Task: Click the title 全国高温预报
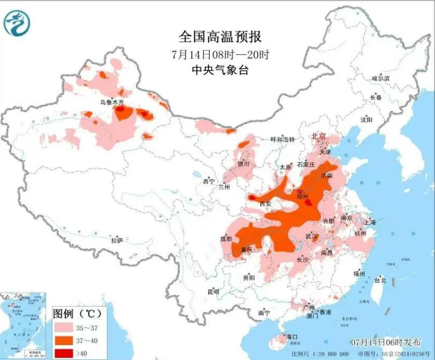click(x=220, y=37)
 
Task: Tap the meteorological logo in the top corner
click(x=17, y=22)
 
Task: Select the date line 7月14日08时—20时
click(x=220, y=54)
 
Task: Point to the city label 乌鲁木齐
click(x=112, y=103)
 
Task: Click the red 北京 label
click(x=317, y=136)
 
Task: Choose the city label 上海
click(x=370, y=222)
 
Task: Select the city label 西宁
click(x=208, y=181)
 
